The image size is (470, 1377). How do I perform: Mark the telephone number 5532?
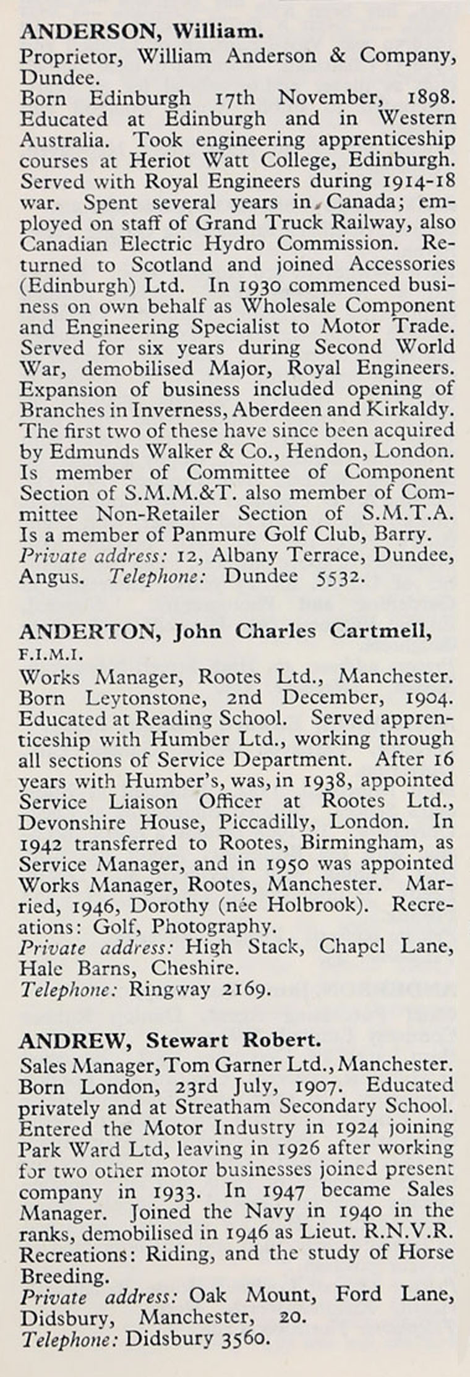(341, 577)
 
